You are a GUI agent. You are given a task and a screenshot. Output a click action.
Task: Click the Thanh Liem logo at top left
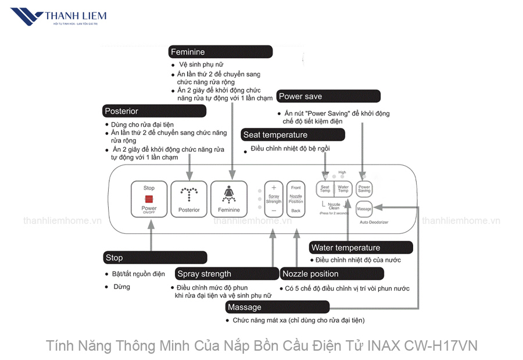58,18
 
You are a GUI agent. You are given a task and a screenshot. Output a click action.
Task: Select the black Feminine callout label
213,52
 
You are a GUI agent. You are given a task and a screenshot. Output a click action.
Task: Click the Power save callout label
328,96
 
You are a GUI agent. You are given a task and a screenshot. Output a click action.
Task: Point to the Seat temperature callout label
293,135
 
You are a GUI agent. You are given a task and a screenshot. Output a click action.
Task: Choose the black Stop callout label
155,257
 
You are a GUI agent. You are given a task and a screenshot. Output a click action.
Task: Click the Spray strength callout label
227,273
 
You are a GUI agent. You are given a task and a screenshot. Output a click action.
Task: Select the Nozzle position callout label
332,273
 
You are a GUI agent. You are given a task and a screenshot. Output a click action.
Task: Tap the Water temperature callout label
361,248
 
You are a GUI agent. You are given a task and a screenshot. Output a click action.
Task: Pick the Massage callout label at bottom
277,307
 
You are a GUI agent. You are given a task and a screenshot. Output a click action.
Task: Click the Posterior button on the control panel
189,199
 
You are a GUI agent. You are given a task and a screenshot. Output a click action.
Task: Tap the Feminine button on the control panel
229,199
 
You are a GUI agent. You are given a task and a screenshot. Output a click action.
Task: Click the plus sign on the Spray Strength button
274,188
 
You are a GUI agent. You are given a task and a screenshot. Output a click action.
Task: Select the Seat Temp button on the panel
325,189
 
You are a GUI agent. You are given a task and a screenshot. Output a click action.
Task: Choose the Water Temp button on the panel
343,189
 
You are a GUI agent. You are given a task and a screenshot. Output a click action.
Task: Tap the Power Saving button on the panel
364,189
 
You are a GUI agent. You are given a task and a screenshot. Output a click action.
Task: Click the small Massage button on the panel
364,208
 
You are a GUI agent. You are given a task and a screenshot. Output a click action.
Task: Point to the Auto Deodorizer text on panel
374,222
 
